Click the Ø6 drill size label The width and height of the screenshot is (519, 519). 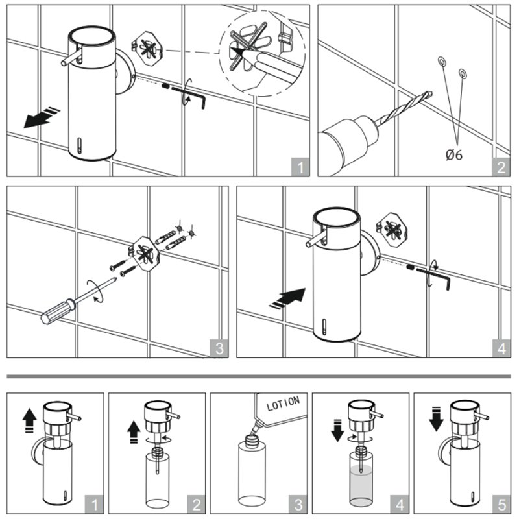(x=453, y=154)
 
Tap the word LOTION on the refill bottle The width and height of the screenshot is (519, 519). (x=283, y=403)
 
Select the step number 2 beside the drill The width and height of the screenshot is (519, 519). (x=501, y=167)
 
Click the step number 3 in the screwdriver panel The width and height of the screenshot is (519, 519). (x=219, y=348)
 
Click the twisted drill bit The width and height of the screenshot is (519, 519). (x=407, y=105)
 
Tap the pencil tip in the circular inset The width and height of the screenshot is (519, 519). (x=235, y=51)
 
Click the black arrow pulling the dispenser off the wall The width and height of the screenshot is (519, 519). (x=41, y=117)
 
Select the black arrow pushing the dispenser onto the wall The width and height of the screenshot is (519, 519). (x=287, y=298)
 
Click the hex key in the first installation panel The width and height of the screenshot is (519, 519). (x=189, y=97)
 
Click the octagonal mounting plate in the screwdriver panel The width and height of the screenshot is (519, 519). (x=144, y=253)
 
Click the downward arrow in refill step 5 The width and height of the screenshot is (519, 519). (x=436, y=418)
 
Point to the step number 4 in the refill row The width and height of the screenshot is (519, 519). (x=400, y=505)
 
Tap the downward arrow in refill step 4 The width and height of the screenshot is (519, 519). (x=337, y=430)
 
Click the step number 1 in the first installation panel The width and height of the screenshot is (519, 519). (x=300, y=167)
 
